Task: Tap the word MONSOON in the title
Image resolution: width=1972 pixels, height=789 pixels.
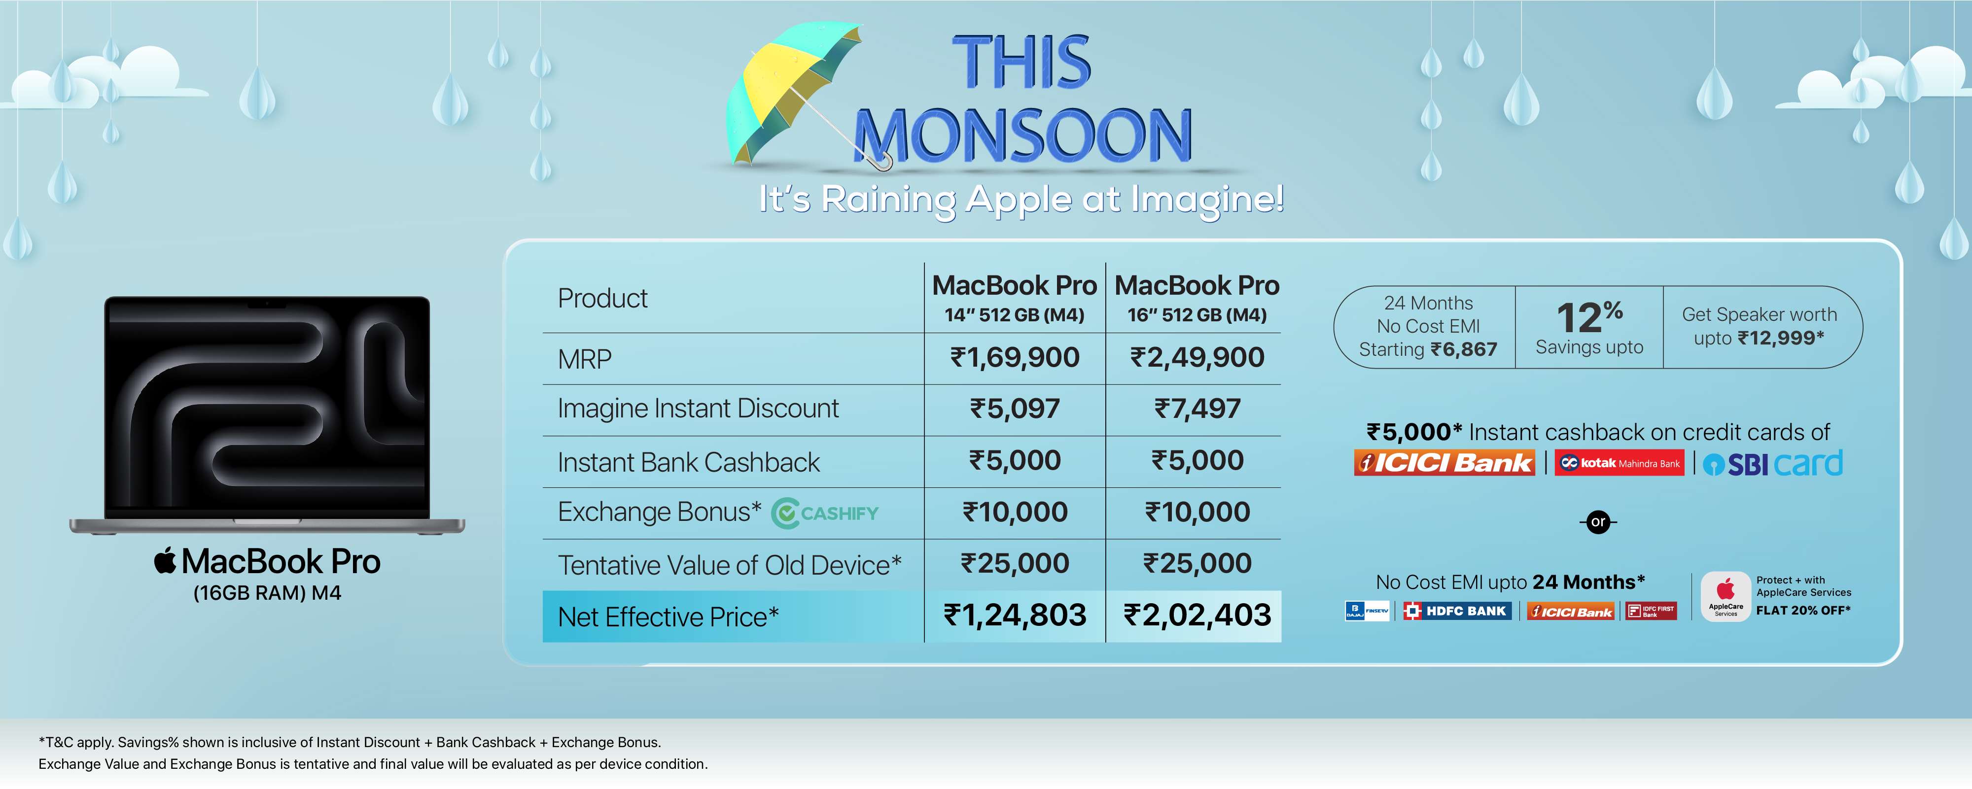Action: [x=1023, y=136]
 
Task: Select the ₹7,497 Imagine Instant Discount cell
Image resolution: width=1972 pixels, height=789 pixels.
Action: [x=1197, y=409]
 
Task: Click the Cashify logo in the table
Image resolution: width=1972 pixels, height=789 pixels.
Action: [x=824, y=513]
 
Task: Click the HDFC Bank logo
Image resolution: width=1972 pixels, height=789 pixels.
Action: [x=1458, y=611]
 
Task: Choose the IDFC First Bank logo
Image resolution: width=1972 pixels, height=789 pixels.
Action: [x=1651, y=611]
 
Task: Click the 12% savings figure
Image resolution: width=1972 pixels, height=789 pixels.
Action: [x=1589, y=316]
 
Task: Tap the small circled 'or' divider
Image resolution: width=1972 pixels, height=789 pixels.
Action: [x=1598, y=522]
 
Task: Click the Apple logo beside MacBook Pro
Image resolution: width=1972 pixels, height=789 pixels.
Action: [x=165, y=560]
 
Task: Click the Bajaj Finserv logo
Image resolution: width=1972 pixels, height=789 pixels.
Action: [x=1367, y=611]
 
